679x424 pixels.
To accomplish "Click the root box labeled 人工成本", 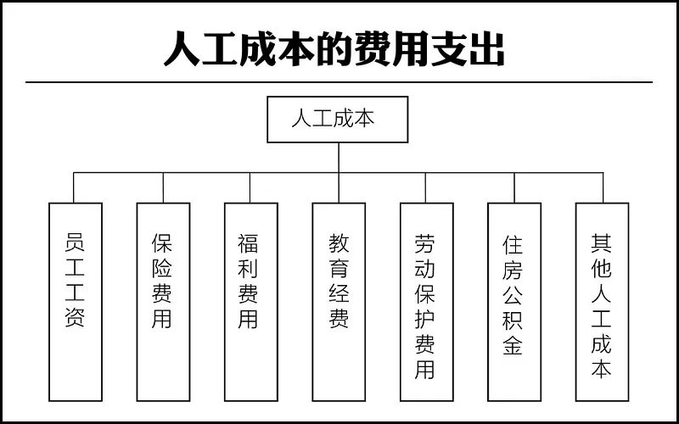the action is (337, 120).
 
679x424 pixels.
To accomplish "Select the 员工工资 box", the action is (76, 302).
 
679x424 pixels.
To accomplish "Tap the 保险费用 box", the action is (163, 302).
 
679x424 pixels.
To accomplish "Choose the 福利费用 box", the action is (250, 302).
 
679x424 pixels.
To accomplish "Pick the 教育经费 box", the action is (339, 302).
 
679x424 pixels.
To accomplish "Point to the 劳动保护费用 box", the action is (427, 302).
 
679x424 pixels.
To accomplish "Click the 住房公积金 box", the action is (514, 302).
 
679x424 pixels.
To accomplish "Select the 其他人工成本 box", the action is (602, 302).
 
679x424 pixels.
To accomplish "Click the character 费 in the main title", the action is (373, 48).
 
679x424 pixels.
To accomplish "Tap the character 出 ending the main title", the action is (486, 48).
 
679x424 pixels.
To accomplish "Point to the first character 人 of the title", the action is (182, 48).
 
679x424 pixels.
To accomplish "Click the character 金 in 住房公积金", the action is (513, 345).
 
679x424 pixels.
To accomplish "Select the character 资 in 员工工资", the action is (75, 317).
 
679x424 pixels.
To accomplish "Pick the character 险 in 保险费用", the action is (162, 269).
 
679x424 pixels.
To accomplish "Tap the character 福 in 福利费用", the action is (248, 243).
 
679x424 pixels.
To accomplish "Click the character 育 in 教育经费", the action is (339, 269).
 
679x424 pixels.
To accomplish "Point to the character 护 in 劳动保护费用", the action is (425, 320).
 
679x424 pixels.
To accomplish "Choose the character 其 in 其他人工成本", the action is (602, 243).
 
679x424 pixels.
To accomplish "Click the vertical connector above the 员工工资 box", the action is (74, 187).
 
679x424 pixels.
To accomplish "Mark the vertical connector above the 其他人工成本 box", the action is (603, 187).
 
